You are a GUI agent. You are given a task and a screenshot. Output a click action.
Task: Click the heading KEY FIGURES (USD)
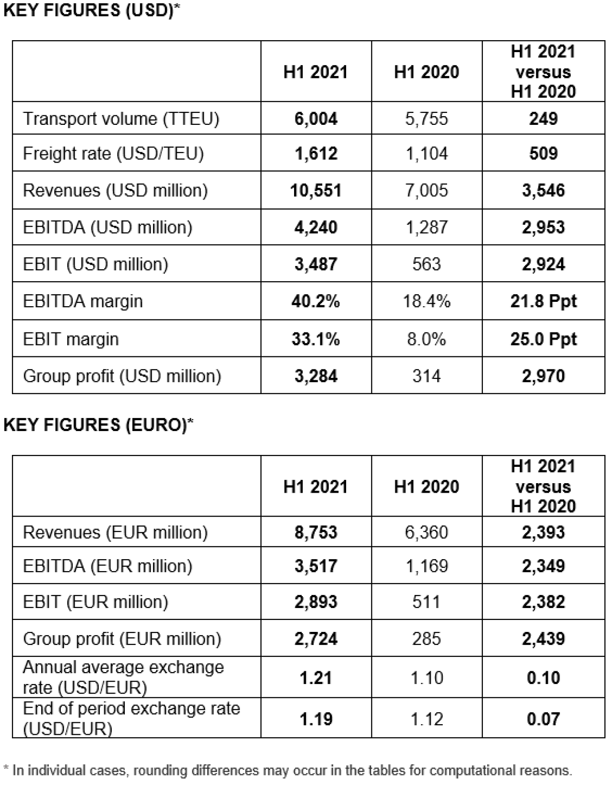(x=91, y=11)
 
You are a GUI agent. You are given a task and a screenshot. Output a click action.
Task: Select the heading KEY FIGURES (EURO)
(x=98, y=425)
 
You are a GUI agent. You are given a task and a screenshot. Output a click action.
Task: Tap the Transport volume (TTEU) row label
(x=121, y=119)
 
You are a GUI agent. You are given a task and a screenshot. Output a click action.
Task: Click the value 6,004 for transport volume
(x=316, y=119)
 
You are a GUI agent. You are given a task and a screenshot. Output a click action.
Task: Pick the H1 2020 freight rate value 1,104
(x=426, y=154)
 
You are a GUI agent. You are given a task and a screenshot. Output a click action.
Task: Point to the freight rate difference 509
(x=544, y=154)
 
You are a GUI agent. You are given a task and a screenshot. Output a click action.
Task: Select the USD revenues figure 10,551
(x=316, y=190)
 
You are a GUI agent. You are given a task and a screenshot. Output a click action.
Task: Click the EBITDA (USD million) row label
(x=108, y=228)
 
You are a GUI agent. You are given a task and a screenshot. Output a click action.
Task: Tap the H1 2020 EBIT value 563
(x=426, y=264)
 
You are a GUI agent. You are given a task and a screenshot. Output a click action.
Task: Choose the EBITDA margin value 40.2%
(x=316, y=301)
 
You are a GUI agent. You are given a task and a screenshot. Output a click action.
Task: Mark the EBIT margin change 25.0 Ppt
(x=544, y=339)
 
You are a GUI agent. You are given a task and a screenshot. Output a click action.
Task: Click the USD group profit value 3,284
(x=316, y=376)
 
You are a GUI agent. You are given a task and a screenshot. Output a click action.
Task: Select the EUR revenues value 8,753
(x=316, y=532)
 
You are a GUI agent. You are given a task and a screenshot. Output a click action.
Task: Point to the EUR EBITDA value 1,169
(x=426, y=566)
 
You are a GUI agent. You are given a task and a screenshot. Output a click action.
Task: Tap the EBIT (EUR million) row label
(x=95, y=602)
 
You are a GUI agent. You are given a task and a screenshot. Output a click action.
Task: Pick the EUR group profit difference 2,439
(x=544, y=639)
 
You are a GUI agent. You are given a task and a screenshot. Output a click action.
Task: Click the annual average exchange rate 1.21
(x=316, y=678)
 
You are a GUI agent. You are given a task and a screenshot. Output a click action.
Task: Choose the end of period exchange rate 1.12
(x=426, y=719)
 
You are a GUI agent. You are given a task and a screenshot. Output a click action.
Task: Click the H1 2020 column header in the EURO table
(x=426, y=486)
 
